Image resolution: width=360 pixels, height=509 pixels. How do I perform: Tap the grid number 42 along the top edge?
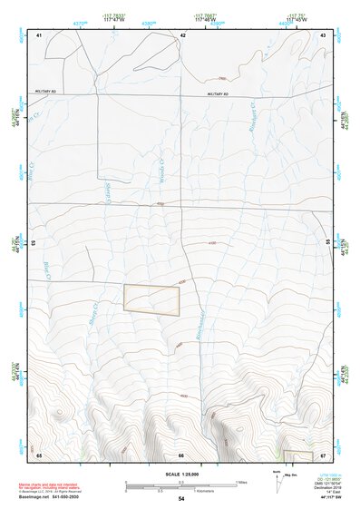[182, 34]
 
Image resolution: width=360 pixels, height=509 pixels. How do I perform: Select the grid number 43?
[323, 34]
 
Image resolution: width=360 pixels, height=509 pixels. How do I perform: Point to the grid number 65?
[39, 454]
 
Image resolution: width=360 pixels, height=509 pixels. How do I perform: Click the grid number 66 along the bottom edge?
[181, 454]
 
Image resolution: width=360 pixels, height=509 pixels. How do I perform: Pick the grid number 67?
[323, 454]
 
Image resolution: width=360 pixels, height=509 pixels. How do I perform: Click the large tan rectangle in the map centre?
[151, 299]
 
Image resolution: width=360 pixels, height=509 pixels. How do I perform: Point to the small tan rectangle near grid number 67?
[297, 455]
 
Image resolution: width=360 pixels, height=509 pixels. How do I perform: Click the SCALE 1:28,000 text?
[180, 474]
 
